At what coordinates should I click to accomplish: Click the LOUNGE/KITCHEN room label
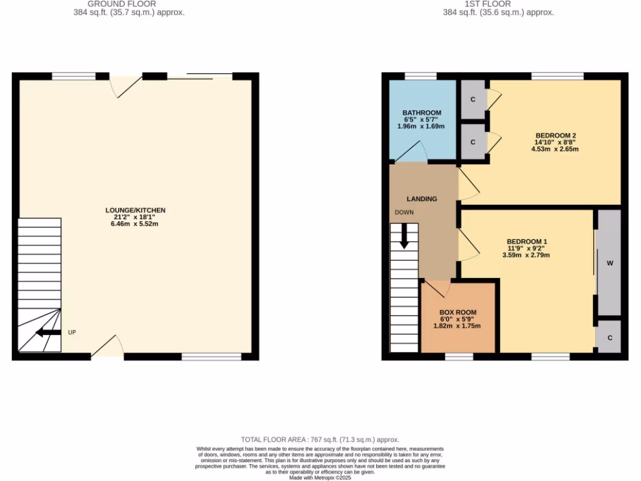[135, 210]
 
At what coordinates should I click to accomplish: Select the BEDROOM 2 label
[555, 136]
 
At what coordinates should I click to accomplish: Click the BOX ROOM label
[458, 313]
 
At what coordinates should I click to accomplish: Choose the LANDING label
[422, 199]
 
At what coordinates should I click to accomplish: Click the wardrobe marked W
[609, 263]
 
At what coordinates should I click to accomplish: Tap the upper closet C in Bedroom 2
[473, 100]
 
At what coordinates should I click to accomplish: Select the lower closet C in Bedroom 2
[473, 142]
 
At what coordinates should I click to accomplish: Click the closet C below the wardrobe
[609, 338]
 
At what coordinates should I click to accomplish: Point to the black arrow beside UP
[48, 332]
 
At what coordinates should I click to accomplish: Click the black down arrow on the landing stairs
[404, 236]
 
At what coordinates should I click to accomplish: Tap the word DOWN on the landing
[404, 212]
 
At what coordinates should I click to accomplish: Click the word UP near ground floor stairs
[72, 332]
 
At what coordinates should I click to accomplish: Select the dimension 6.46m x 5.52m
[135, 224]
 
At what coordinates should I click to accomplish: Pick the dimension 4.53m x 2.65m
[555, 149]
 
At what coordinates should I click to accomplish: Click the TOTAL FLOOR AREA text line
[320, 440]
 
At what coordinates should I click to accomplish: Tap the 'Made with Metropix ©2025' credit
[320, 477]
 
